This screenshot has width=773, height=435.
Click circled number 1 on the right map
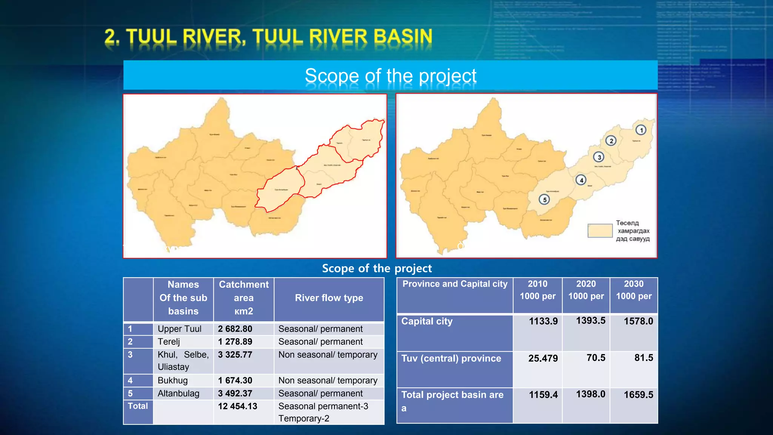(x=641, y=130)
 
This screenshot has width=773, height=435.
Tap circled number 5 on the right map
(x=544, y=199)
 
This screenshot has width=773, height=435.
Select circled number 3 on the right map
(x=599, y=157)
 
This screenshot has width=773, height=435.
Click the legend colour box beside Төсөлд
(x=600, y=231)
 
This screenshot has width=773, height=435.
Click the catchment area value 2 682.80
(x=235, y=329)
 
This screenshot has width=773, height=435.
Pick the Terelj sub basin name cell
(x=169, y=342)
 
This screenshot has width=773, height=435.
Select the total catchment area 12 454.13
(x=237, y=406)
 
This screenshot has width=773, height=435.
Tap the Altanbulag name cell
(x=179, y=393)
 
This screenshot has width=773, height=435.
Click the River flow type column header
(x=329, y=298)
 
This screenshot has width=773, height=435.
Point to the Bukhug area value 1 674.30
(x=235, y=381)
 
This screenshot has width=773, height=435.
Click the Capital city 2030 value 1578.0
(x=638, y=321)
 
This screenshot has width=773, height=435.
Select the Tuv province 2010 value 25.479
(x=543, y=358)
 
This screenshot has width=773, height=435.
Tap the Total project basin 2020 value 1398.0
(x=590, y=394)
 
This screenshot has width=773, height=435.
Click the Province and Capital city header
(x=455, y=284)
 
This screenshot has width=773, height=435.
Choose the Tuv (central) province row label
(x=451, y=358)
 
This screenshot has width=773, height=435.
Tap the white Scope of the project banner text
(x=390, y=76)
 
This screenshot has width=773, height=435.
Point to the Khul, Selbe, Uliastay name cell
(x=183, y=361)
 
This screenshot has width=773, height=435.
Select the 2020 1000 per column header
(x=586, y=290)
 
